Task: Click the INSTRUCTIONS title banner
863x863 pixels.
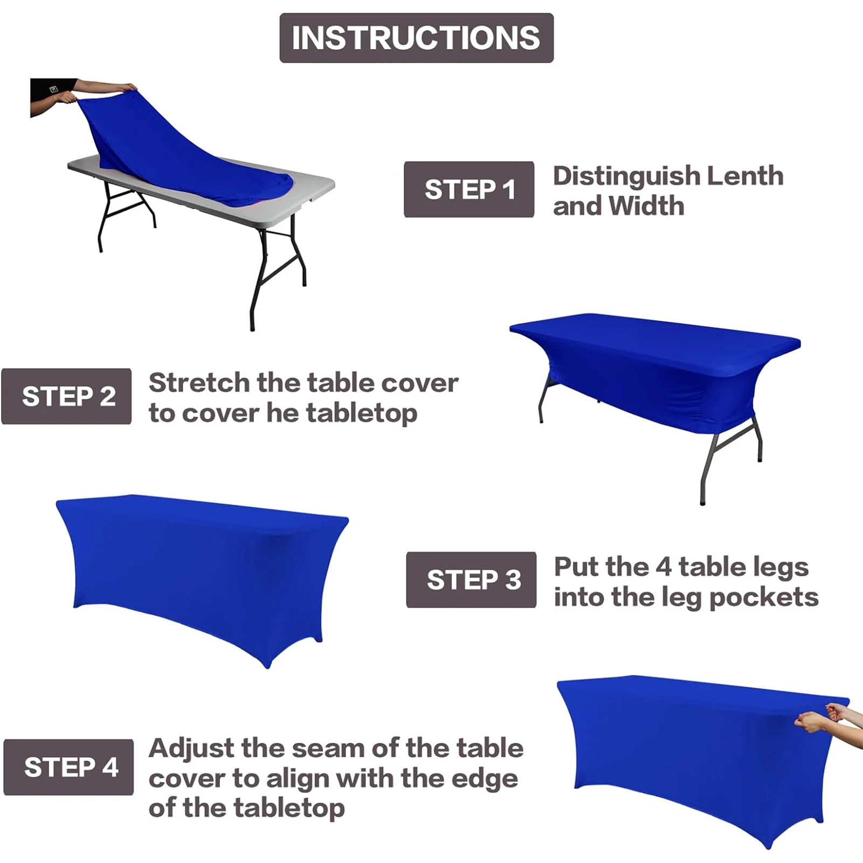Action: click(416, 38)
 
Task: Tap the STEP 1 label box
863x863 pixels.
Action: click(469, 190)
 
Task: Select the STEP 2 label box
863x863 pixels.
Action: click(66, 396)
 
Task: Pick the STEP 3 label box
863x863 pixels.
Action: click(471, 580)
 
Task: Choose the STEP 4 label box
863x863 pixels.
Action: click(68, 767)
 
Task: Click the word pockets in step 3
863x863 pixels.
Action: click(764, 598)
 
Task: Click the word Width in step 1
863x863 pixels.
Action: click(647, 206)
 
